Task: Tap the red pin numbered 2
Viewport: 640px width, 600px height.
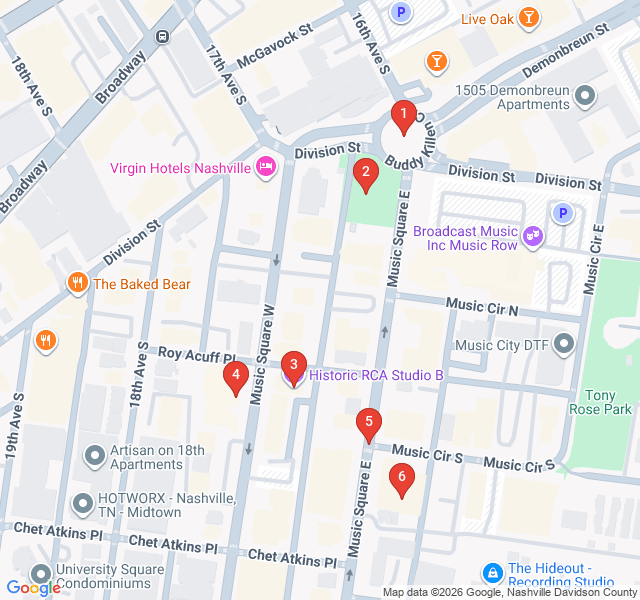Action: coord(365,176)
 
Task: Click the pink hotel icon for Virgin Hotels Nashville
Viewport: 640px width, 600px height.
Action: coord(266,166)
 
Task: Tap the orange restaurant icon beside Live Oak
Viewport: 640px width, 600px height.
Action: coord(529,17)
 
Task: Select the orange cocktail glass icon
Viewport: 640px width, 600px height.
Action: coord(436,63)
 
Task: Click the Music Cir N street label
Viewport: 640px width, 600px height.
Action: coord(482,306)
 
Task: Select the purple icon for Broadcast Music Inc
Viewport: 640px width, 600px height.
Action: coord(533,236)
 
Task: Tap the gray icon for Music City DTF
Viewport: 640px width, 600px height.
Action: coord(565,345)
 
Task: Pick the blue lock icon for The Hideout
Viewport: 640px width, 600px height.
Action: coord(491,573)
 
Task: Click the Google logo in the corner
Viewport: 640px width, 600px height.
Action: coord(32,588)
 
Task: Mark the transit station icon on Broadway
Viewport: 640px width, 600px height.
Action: coord(162,35)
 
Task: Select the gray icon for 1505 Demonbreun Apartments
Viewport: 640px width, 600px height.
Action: coord(585,96)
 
